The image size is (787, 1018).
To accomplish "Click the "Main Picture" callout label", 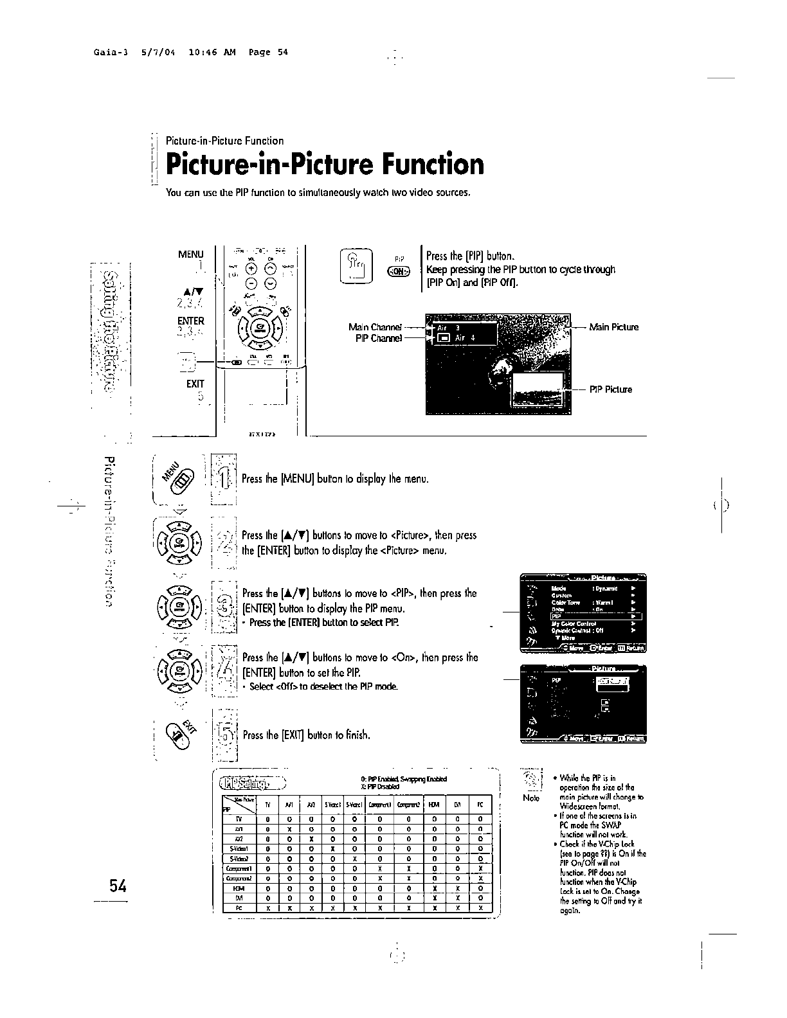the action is [x=613, y=327].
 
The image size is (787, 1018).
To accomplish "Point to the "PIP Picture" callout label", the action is [x=610, y=389].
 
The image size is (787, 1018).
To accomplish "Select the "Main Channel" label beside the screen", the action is [x=374, y=327].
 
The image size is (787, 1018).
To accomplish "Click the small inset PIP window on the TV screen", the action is [x=538, y=389].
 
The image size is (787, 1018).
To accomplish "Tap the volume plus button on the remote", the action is [x=251, y=269].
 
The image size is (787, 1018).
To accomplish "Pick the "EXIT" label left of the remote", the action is [x=195, y=384].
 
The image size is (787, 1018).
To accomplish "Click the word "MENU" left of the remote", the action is [x=190, y=254].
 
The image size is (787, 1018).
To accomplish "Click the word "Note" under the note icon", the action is [x=532, y=798].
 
